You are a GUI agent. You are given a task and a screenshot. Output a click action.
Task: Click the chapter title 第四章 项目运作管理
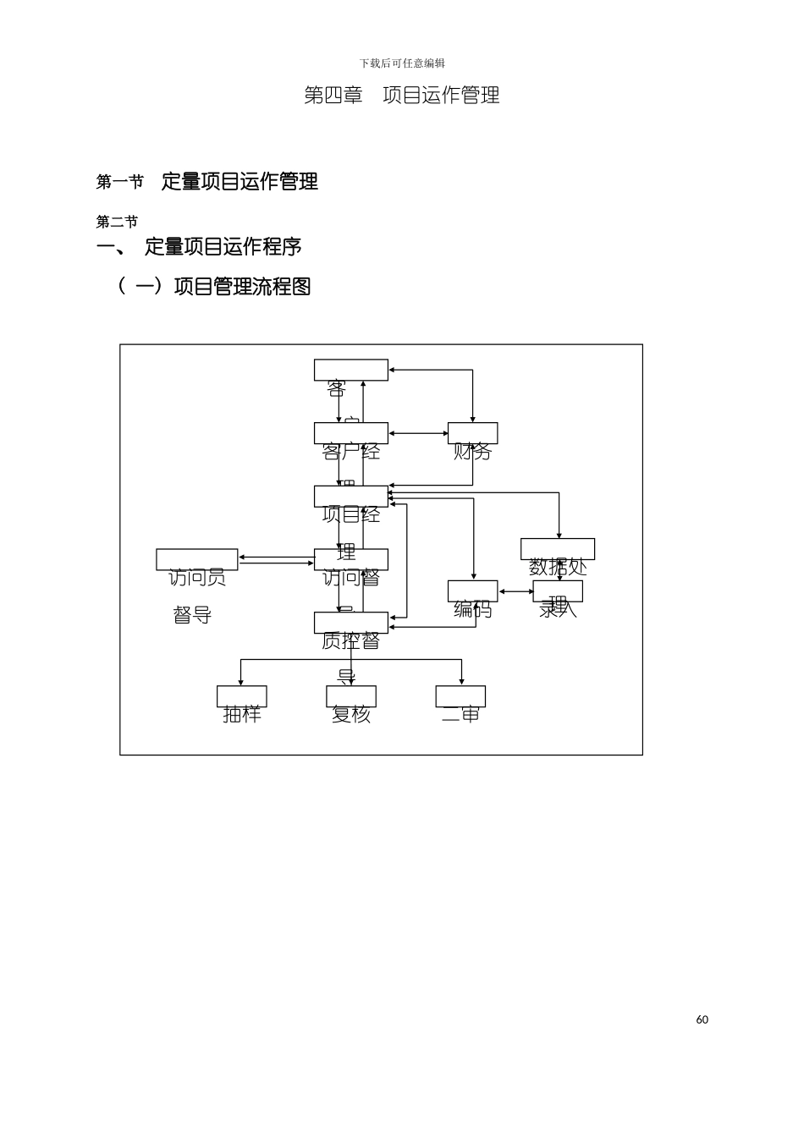401,96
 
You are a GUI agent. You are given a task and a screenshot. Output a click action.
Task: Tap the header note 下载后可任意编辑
402,63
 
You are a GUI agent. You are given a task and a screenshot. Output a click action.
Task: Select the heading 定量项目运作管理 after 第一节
240,181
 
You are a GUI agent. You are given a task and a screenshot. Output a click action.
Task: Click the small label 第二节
117,222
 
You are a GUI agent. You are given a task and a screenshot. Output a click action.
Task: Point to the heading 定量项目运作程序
223,247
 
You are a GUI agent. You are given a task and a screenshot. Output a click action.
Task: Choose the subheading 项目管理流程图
242,287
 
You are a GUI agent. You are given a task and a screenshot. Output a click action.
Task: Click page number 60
702,1019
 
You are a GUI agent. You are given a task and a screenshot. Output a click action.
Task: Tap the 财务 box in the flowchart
472,434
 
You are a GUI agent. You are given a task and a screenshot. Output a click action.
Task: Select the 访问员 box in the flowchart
196,560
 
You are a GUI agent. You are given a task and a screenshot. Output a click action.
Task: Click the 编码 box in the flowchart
472,591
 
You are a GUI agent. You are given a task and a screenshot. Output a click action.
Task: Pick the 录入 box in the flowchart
558,591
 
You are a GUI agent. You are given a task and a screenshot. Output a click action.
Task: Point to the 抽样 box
241,696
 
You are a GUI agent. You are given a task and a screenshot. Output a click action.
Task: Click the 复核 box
350,696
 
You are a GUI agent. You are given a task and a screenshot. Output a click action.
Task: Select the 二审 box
460,696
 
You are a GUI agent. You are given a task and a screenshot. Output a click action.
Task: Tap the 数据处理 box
557,549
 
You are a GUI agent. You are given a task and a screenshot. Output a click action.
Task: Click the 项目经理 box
350,497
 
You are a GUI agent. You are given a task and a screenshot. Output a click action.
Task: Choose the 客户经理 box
350,433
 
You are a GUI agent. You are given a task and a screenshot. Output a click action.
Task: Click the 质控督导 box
350,623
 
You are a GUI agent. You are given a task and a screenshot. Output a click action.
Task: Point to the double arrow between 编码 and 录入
515,592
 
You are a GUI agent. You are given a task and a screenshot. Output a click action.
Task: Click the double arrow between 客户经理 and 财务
418,433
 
